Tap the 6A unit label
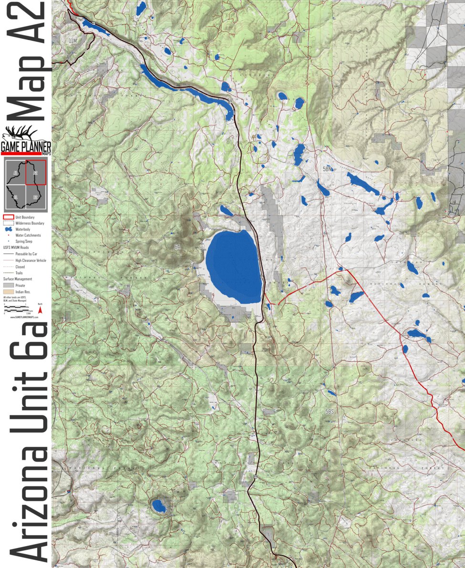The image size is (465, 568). pos(177,247)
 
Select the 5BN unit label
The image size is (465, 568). pos(328,169)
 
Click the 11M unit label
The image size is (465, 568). pos(72,41)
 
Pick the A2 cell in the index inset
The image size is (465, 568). pos(36,172)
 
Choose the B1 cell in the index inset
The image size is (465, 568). pos(16,196)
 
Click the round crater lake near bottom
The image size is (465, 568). pos(158,506)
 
